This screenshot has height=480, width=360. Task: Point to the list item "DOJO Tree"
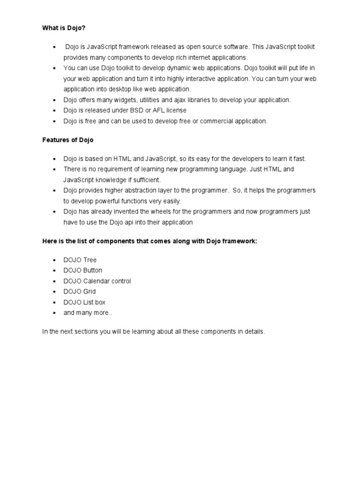point(80,260)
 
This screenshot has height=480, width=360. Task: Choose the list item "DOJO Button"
point(83,270)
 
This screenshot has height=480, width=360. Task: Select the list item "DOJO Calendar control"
point(97,281)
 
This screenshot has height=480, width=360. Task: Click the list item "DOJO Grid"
point(80,292)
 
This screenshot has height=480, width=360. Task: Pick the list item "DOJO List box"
point(84,302)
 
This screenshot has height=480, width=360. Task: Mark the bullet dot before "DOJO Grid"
point(55,292)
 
